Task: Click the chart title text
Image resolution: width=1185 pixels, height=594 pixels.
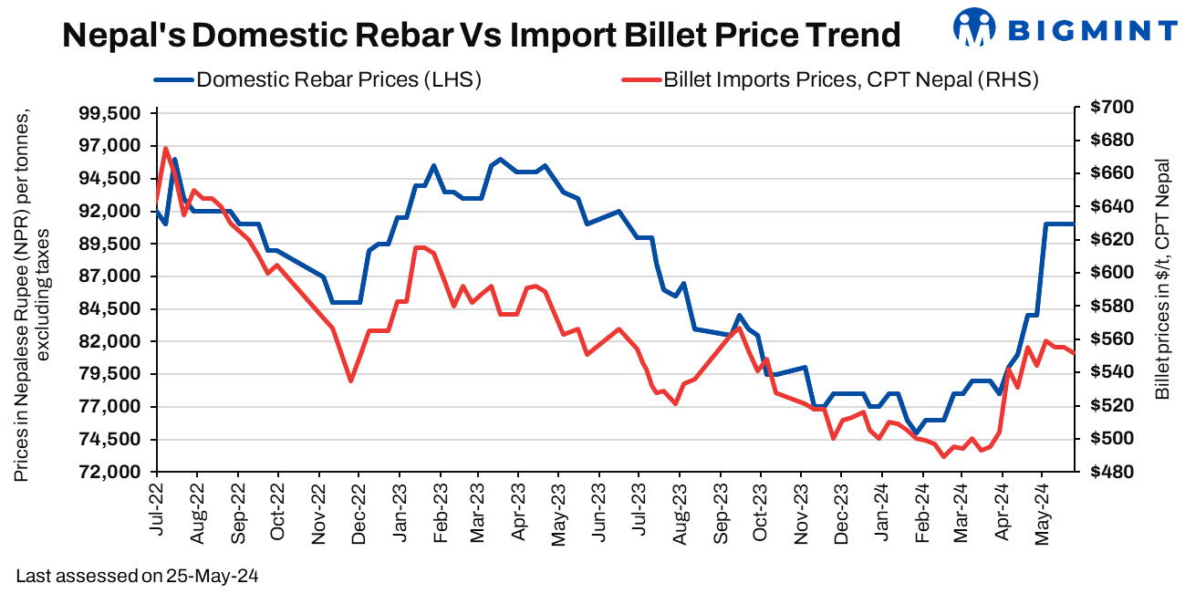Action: tap(481, 36)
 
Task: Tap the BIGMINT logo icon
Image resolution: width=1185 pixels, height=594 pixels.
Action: tap(974, 27)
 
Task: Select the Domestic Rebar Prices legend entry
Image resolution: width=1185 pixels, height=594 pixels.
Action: tap(338, 79)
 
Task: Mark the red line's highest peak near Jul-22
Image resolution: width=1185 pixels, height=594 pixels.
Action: tap(165, 148)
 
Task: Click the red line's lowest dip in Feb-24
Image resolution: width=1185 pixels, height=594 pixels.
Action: tap(943, 456)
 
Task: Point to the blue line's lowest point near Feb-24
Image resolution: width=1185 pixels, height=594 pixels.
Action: tap(915, 433)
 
